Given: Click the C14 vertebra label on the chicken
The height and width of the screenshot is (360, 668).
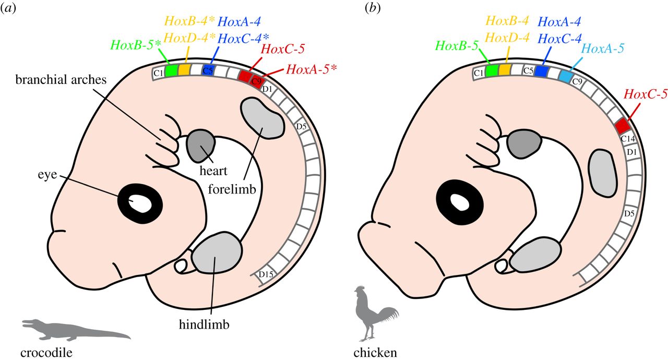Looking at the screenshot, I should click(x=628, y=138).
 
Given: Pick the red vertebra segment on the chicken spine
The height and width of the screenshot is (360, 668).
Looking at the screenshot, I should click(x=622, y=126).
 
